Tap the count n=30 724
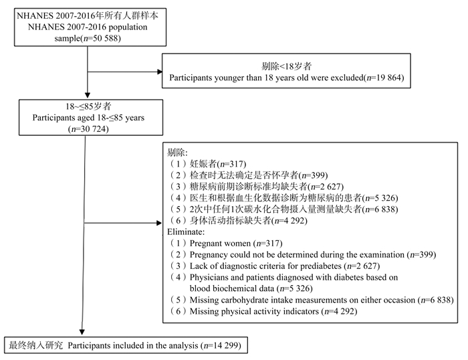point(88,128)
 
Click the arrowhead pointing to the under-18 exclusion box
point(160,72)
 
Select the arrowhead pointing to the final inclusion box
point(82,332)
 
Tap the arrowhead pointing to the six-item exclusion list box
point(159,223)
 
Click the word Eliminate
point(185,232)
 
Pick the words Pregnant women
point(220,243)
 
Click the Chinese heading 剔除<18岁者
point(287,66)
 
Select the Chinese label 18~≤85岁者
point(88,106)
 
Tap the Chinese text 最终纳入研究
point(36,345)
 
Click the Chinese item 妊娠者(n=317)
point(218,164)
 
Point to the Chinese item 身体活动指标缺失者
point(230,220)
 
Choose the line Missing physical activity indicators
point(254,311)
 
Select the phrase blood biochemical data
point(232,288)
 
